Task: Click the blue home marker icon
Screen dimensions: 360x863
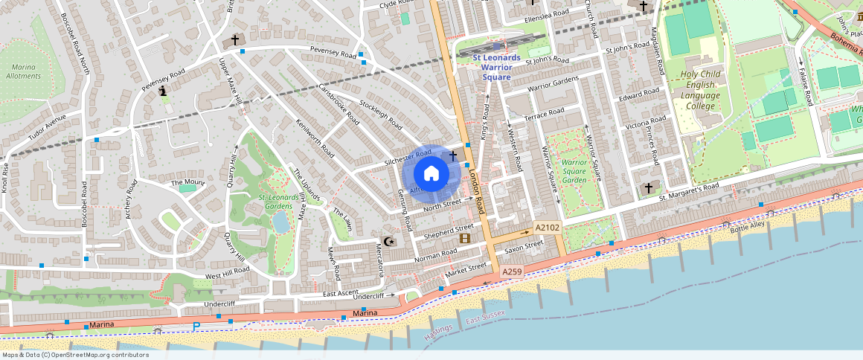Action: [x=431, y=174]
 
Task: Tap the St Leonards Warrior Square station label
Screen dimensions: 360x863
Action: [x=496, y=67]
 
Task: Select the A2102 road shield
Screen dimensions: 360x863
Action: [x=547, y=228]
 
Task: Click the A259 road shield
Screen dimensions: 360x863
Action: [x=511, y=273]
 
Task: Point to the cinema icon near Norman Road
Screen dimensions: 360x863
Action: [x=465, y=238]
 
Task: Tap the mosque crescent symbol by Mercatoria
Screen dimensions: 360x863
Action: [x=388, y=241]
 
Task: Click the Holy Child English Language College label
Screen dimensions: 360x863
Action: [x=700, y=90]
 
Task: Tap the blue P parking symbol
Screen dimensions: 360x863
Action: [x=196, y=327]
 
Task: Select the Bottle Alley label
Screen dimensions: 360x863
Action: [x=747, y=225]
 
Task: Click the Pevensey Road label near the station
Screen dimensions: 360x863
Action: [x=333, y=54]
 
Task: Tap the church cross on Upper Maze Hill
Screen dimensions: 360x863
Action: [x=236, y=40]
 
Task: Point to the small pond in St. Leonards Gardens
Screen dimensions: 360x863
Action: [x=281, y=221]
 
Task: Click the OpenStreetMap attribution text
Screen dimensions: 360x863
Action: [x=74, y=355]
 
